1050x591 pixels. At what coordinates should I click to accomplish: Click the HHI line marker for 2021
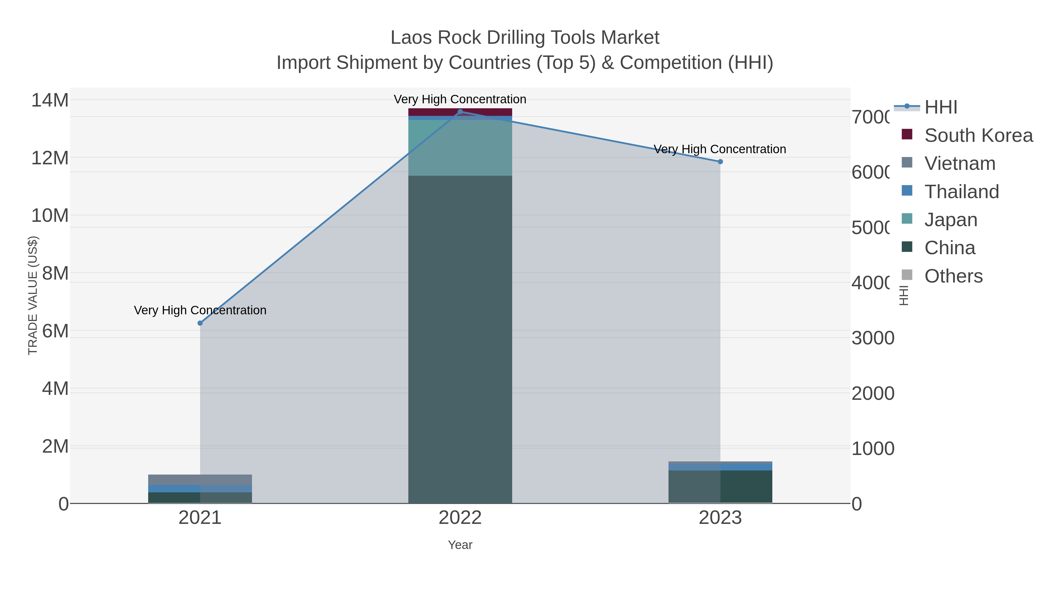pos(200,323)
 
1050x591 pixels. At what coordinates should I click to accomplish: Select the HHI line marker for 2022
pos(460,112)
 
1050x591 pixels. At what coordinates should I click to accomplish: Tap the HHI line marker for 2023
pos(720,161)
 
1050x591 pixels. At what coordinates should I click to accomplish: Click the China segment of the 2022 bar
pos(460,339)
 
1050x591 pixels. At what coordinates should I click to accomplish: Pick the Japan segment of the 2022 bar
pos(460,148)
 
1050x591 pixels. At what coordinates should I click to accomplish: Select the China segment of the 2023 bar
pos(720,487)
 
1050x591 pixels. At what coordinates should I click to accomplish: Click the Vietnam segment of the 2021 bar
pos(200,480)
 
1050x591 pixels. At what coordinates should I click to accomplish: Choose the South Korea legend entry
pos(978,135)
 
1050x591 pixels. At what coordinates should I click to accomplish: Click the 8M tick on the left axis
pos(55,273)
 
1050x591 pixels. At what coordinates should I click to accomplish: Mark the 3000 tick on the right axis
pos(873,338)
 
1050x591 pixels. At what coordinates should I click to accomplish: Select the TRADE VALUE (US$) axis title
pos(33,295)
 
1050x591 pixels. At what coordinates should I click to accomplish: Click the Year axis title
pos(460,545)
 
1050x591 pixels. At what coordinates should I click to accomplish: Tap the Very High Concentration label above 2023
pos(720,149)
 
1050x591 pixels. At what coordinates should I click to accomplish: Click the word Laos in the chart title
pos(410,38)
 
